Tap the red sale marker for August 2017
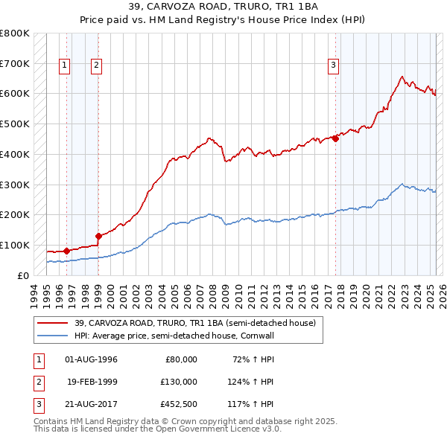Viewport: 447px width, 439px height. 336,138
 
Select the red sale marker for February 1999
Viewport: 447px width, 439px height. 98,236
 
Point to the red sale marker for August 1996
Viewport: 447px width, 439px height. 66,251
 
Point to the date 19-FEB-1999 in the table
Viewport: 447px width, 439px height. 92,381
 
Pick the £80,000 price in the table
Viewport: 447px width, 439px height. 182,359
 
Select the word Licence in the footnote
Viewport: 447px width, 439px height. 245,429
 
